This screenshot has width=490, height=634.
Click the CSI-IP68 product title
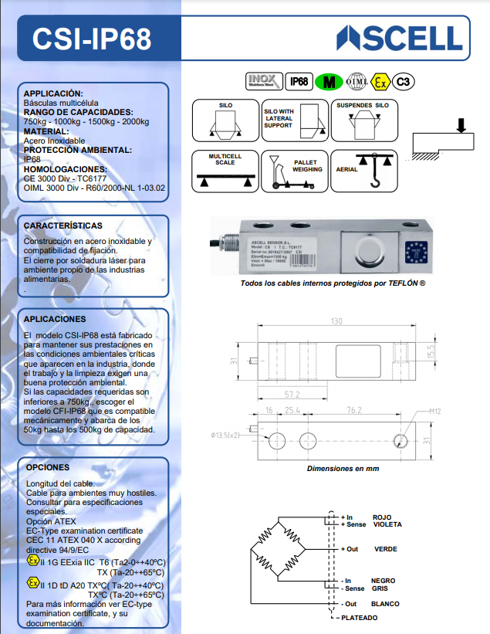pyautogui.click(x=92, y=39)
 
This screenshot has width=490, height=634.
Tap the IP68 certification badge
pyautogui.click(x=299, y=80)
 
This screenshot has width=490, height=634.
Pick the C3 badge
pyautogui.click(x=402, y=80)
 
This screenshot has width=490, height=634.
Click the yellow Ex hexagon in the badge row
pyautogui.click(x=380, y=80)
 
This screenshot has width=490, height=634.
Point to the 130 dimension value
pyautogui.click(x=336, y=321)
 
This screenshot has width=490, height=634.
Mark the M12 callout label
pyautogui.click(x=436, y=412)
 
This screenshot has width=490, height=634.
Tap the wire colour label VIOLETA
pyautogui.click(x=387, y=525)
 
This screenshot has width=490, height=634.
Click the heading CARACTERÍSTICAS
pyautogui.click(x=63, y=225)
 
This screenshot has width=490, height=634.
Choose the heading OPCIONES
pyautogui.click(x=48, y=467)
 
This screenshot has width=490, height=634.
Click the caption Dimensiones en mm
pyautogui.click(x=343, y=468)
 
